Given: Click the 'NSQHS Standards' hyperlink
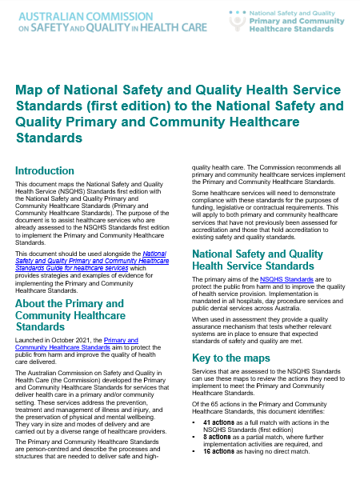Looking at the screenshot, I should [x=281, y=280].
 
